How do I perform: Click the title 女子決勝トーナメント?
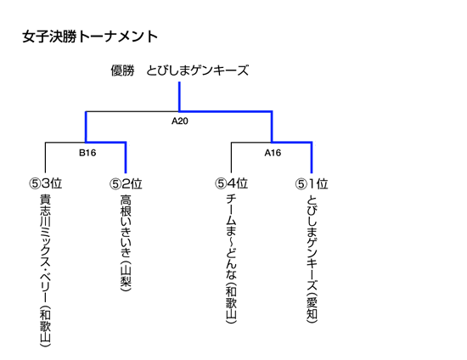pyautogui.click(x=90, y=37)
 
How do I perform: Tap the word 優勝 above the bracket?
pyautogui.click(x=123, y=70)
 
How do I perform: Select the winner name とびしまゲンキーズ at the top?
pyautogui.click(x=197, y=70)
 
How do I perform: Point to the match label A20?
pyautogui.click(x=180, y=121)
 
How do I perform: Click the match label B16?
pyautogui.click(x=87, y=153)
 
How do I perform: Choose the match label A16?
pyautogui.click(x=273, y=153)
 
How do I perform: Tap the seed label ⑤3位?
pyautogui.click(x=46, y=183)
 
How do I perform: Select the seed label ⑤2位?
pyautogui.click(x=126, y=183)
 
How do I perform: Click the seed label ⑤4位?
pyautogui.click(x=232, y=183)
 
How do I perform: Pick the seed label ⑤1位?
pyautogui.click(x=312, y=183)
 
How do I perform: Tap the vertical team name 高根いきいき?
pyautogui.click(x=126, y=226)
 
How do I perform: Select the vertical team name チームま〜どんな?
pyautogui.click(x=232, y=236)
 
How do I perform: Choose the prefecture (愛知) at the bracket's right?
pyautogui.click(x=312, y=308)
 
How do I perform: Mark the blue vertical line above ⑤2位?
pyautogui.click(x=126, y=158)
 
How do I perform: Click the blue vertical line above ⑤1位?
pyautogui.click(x=312, y=158)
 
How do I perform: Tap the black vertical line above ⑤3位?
pyautogui.click(x=45, y=158)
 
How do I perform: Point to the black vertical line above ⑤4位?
pyautogui.click(x=232, y=158)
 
